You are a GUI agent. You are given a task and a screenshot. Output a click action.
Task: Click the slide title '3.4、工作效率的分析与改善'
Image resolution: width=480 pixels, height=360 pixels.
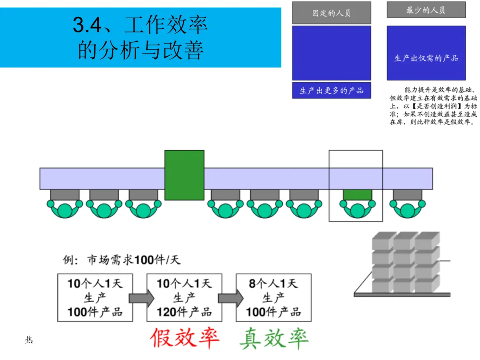(x=140, y=38)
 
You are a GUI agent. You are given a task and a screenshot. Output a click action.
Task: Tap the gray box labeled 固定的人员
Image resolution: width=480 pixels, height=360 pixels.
(x=331, y=13)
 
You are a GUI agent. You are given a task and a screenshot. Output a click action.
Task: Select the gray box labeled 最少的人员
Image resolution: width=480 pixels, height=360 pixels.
(x=426, y=10)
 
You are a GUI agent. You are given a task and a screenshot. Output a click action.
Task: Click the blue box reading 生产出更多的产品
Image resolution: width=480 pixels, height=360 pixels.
(x=331, y=90)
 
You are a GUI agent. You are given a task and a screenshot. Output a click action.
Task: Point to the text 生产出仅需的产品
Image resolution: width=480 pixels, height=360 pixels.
(x=426, y=58)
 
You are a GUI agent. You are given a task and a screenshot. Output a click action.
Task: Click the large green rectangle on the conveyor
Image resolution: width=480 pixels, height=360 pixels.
(x=184, y=175)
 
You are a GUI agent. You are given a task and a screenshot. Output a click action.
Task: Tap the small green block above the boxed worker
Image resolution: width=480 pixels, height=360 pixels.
(x=357, y=195)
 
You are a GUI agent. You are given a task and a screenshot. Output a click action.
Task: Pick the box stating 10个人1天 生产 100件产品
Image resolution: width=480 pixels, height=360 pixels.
(x=95, y=297)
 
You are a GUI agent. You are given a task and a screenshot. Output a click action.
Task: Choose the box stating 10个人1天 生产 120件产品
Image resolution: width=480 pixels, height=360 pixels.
(x=184, y=297)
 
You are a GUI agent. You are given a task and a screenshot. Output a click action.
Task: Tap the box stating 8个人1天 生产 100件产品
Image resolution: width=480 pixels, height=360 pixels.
(x=273, y=297)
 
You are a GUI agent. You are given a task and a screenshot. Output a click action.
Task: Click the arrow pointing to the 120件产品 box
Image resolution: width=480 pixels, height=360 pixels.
(x=141, y=298)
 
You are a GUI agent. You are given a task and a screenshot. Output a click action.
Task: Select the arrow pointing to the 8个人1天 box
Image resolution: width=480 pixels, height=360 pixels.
(x=230, y=298)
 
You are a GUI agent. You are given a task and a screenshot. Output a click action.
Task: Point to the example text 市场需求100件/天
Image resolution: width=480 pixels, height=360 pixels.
(x=122, y=260)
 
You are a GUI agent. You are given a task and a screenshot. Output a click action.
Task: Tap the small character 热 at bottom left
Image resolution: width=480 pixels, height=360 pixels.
(x=29, y=340)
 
